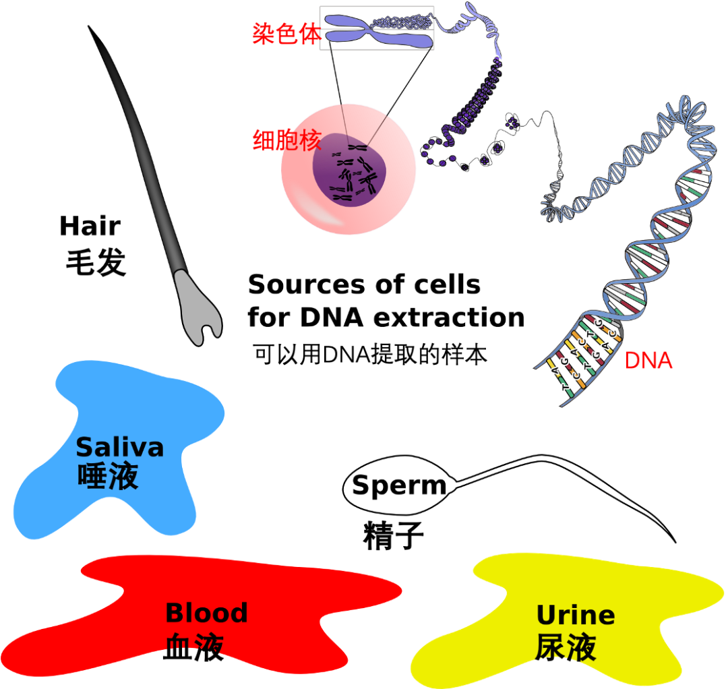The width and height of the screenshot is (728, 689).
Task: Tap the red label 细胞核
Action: [x=286, y=141]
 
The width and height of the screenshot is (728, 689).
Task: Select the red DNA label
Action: [x=648, y=361]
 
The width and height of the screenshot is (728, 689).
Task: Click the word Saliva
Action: [x=119, y=447]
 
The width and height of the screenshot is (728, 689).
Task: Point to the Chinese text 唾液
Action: [x=108, y=476]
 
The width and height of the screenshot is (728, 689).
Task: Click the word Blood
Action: [x=206, y=613]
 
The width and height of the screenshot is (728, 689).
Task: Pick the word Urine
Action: [x=575, y=615]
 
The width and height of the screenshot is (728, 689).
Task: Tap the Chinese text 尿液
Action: [x=566, y=648]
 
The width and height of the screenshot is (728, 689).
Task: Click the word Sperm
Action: [x=399, y=485]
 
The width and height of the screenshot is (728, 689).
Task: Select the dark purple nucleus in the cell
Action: [x=348, y=170]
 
